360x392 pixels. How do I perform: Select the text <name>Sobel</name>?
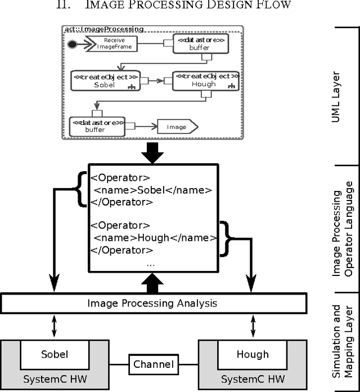(x=152, y=190)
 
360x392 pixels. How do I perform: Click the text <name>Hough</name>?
(x=155, y=238)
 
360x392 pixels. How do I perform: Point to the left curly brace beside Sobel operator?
(x=82, y=189)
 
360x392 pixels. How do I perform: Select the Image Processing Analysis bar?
(x=152, y=304)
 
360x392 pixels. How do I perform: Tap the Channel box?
(x=153, y=364)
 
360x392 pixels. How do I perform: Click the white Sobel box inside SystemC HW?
(x=55, y=355)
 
